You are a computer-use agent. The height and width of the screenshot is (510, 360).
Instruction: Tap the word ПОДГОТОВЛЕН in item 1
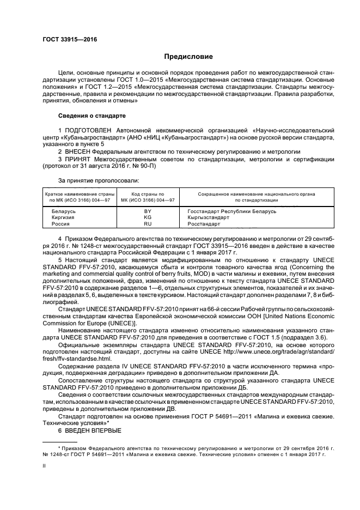click(89, 131)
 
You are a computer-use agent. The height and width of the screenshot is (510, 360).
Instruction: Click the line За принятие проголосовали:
click(99, 180)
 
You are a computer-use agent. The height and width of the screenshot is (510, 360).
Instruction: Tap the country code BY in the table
click(147, 210)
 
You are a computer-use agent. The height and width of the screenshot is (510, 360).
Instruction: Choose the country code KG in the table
click(147, 217)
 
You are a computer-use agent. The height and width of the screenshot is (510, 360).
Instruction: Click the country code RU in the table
click(147, 223)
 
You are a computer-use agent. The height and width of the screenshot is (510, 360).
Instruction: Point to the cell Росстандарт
click(204, 223)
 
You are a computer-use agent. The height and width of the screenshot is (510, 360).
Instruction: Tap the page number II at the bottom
click(45, 466)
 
